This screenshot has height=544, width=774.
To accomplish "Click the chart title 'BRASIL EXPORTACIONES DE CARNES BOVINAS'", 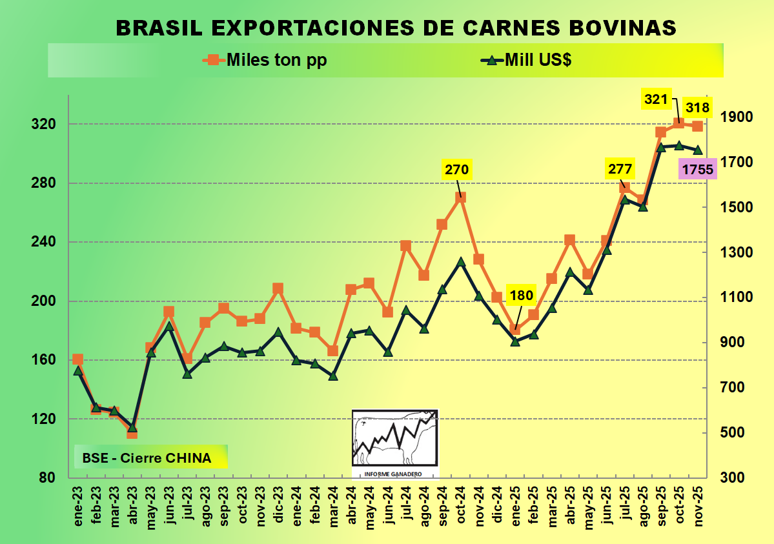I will pos(396,28).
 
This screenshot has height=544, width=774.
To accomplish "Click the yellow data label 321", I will pos(655,99).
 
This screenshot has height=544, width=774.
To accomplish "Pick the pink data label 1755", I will pos(697,170).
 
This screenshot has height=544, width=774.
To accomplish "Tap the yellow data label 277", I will pos(620,170).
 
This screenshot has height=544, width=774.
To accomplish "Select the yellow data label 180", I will pos(521,296).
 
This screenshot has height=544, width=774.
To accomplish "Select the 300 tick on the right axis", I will pos(733,478).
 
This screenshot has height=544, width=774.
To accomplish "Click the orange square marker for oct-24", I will pos(460,197).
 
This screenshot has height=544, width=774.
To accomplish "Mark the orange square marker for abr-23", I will pos(132,433).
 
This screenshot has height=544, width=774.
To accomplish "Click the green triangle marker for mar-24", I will pos(333,375).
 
